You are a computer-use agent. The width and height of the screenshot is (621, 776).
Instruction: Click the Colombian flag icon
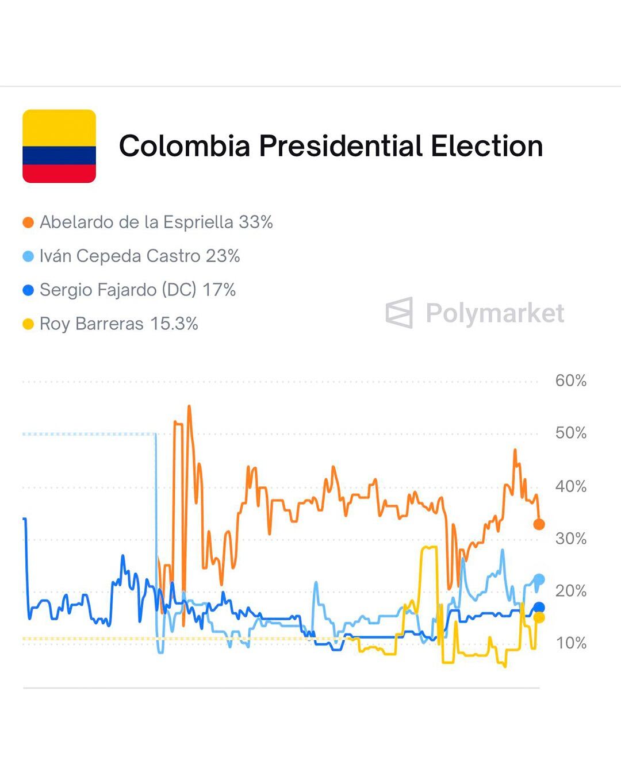[59, 146]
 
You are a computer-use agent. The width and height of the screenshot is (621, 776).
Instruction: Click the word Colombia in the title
[184, 146]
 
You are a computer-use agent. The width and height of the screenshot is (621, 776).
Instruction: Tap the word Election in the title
[486, 146]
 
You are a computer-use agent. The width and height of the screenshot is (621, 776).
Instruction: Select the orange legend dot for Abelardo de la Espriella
[28, 222]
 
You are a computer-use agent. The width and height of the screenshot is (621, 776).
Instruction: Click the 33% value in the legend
[255, 222]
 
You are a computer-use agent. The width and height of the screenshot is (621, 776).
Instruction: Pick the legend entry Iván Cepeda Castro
[120, 256]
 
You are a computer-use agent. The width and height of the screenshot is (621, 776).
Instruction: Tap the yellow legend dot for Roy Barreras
[28, 324]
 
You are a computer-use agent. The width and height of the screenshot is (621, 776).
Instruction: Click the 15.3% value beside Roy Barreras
[174, 324]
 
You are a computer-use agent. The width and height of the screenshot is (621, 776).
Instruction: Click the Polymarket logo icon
[399, 313]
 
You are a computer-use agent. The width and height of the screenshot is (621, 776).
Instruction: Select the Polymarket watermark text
[494, 313]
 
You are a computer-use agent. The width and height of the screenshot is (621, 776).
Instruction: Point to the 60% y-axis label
[570, 381]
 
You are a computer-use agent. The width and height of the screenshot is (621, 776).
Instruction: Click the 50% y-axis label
[570, 433]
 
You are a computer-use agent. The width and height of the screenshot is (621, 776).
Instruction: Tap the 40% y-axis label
[570, 486]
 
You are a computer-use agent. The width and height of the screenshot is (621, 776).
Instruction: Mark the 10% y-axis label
[570, 643]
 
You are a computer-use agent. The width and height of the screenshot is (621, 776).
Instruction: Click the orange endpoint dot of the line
[539, 524]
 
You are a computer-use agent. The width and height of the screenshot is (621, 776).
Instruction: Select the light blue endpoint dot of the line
[539, 579]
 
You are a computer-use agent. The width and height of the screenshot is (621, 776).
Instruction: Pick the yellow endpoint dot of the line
[539, 618]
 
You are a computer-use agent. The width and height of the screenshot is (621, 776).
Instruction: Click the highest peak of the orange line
[189, 407]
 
